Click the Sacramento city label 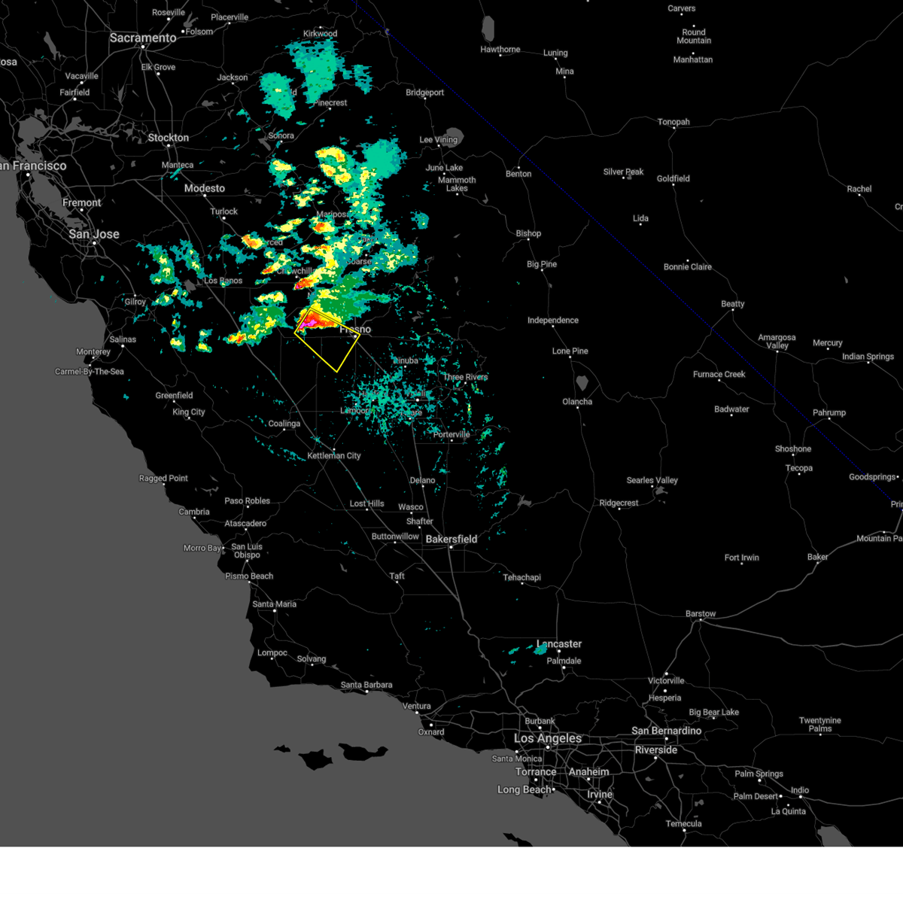pyautogui.click(x=143, y=38)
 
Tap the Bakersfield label pyautogui.click(x=451, y=539)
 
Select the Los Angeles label pyautogui.click(x=547, y=738)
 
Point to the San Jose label pyautogui.click(x=94, y=234)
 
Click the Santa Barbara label pyautogui.click(x=366, y=685)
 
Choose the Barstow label pyautogui.click(x=701, y=614)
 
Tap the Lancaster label pyautogui.click(x=559, y=644)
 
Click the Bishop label pyautogui.click(x=528, y=233)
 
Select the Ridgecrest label pyautogui.click(x=619, y=503)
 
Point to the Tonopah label pyautogui.click(x=673, y=122)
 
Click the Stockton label pyautogui.click(x=169, y=138)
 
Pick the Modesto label pyautogui.click(x=205, y=188)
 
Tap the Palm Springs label pyautogui.click(x=759, y=774)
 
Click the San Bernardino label pyautogui.click(x=666, y=731)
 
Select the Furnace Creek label pyautogui.click(x=719, y=374)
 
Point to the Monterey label pyautogui.click(x=93, y=351)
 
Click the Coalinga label pyautogui.click(x=284, y=424)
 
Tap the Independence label pyautogui.click(x=553, y=321)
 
